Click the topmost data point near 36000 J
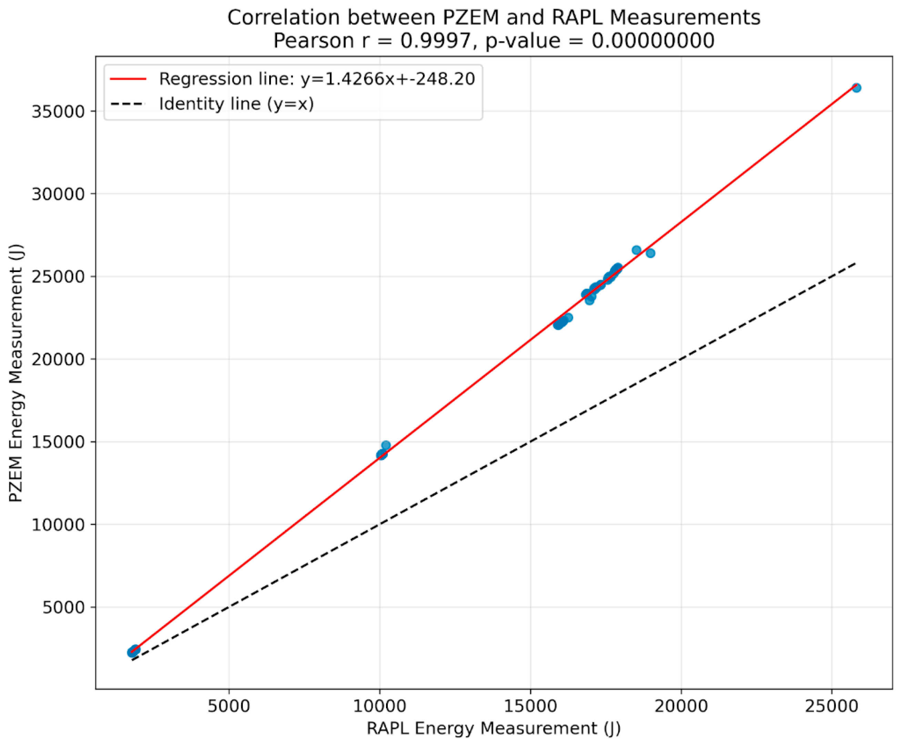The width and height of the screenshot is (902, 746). [x=856, y=88]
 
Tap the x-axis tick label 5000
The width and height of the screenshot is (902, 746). [x=229, y=706]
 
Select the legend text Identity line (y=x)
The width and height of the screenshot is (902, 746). [x=236, y=104]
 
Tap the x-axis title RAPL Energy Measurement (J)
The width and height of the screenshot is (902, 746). [x=494, y=728]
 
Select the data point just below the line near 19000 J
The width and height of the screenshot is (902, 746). [x=650, y=253]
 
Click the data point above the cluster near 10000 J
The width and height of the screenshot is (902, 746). [x=386, y=445]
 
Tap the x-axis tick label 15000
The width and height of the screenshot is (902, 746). [x=530, y=706]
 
